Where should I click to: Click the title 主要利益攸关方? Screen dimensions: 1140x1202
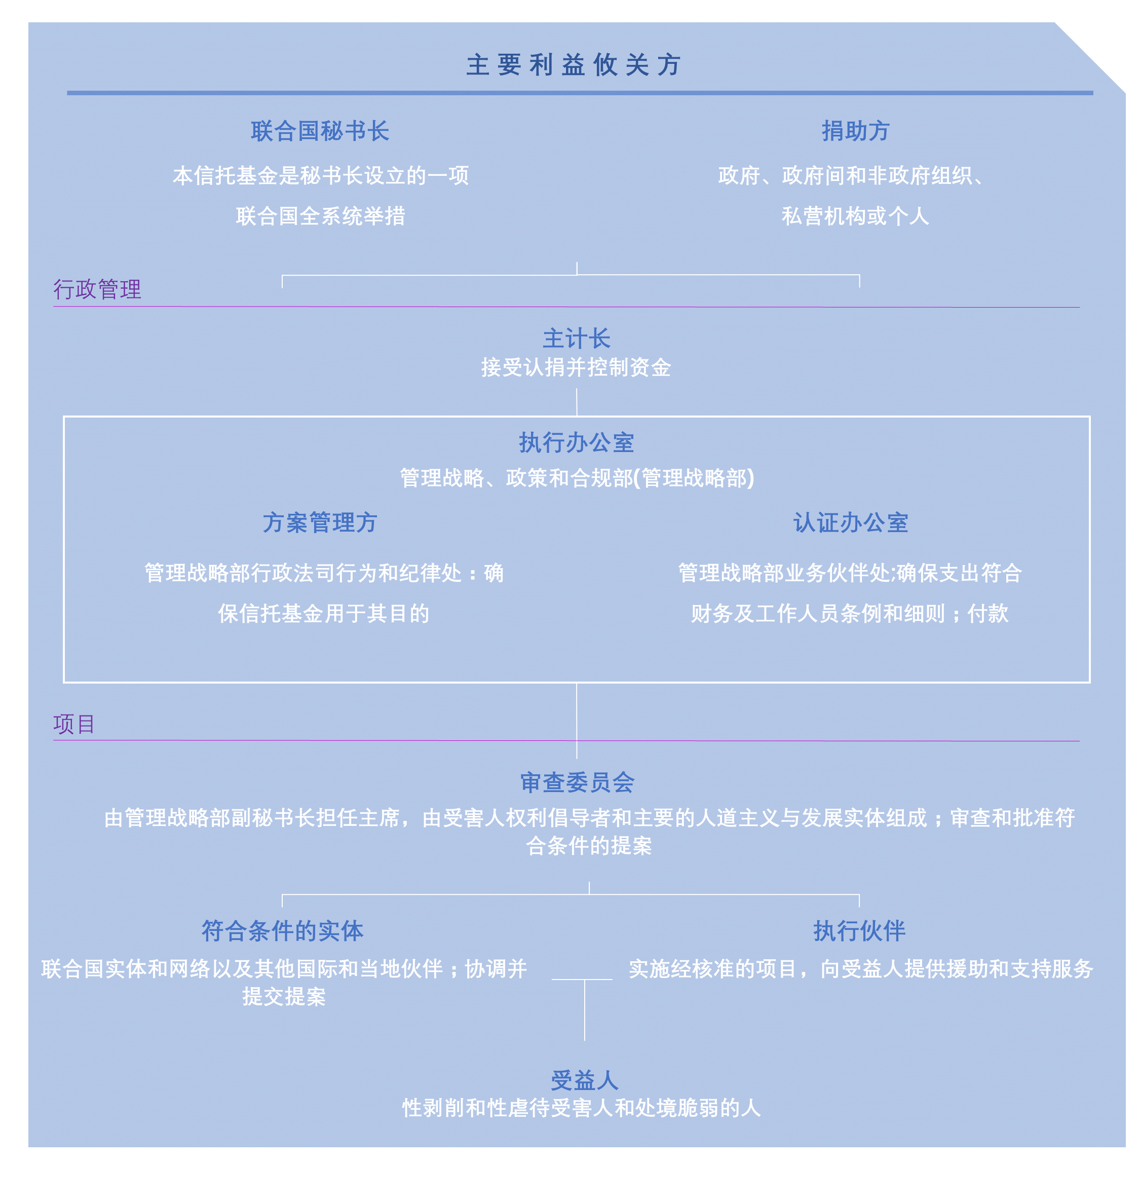click(574, 65)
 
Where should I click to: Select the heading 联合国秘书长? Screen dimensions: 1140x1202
click(320, 131)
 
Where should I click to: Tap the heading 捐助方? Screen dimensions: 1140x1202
click(856, 131)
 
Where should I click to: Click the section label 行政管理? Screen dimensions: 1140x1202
click(97, 289)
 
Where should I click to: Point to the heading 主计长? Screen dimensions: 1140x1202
click(577, 339)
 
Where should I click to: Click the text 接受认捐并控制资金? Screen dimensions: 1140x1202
click(576, 367)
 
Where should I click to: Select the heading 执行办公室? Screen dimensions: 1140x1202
click(577, 442)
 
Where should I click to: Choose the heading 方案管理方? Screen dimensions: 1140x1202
click(320, 522)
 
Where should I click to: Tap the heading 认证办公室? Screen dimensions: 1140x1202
click(851, 522)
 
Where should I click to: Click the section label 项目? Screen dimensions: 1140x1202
click(74, 724)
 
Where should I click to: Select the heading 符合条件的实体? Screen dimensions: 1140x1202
click(283, 931)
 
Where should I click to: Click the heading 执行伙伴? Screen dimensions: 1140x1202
click(859, 931)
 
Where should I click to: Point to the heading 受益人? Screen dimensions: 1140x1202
click(585, 1080)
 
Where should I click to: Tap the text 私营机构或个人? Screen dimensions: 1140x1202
click(856, 216)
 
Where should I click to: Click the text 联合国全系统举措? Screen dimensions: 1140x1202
click(321, 216)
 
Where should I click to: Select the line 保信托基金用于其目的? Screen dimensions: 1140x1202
click(324, 613)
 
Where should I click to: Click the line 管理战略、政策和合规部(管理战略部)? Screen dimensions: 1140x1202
click(577, 478)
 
